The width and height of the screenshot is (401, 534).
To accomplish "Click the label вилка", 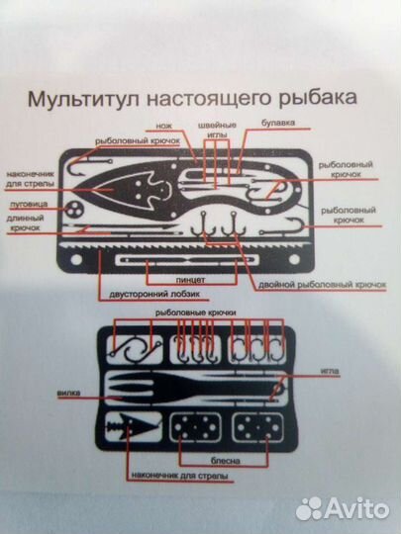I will point(68,392).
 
